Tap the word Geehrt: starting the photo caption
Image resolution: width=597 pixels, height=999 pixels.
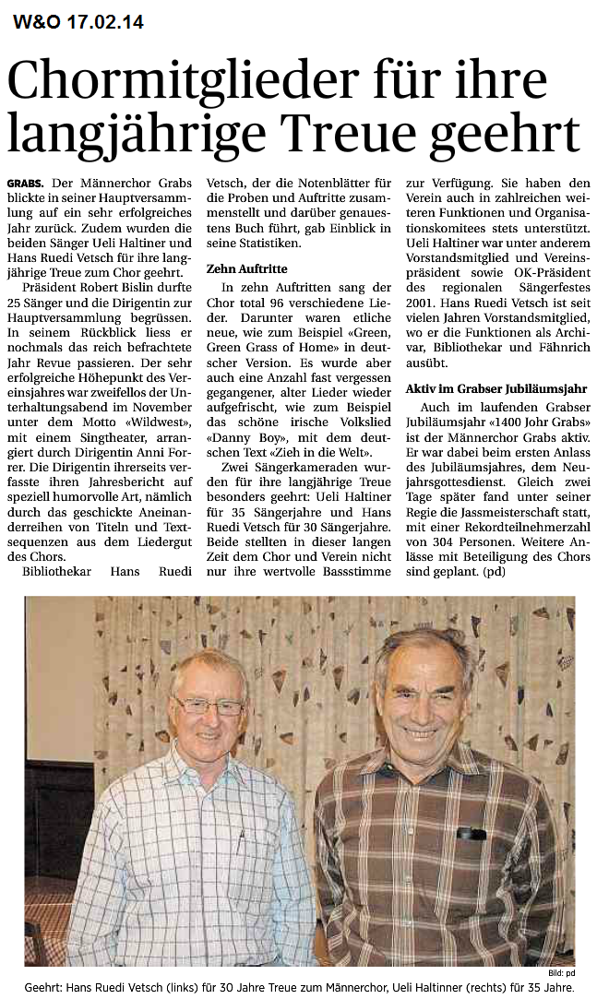click(46, 987)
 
